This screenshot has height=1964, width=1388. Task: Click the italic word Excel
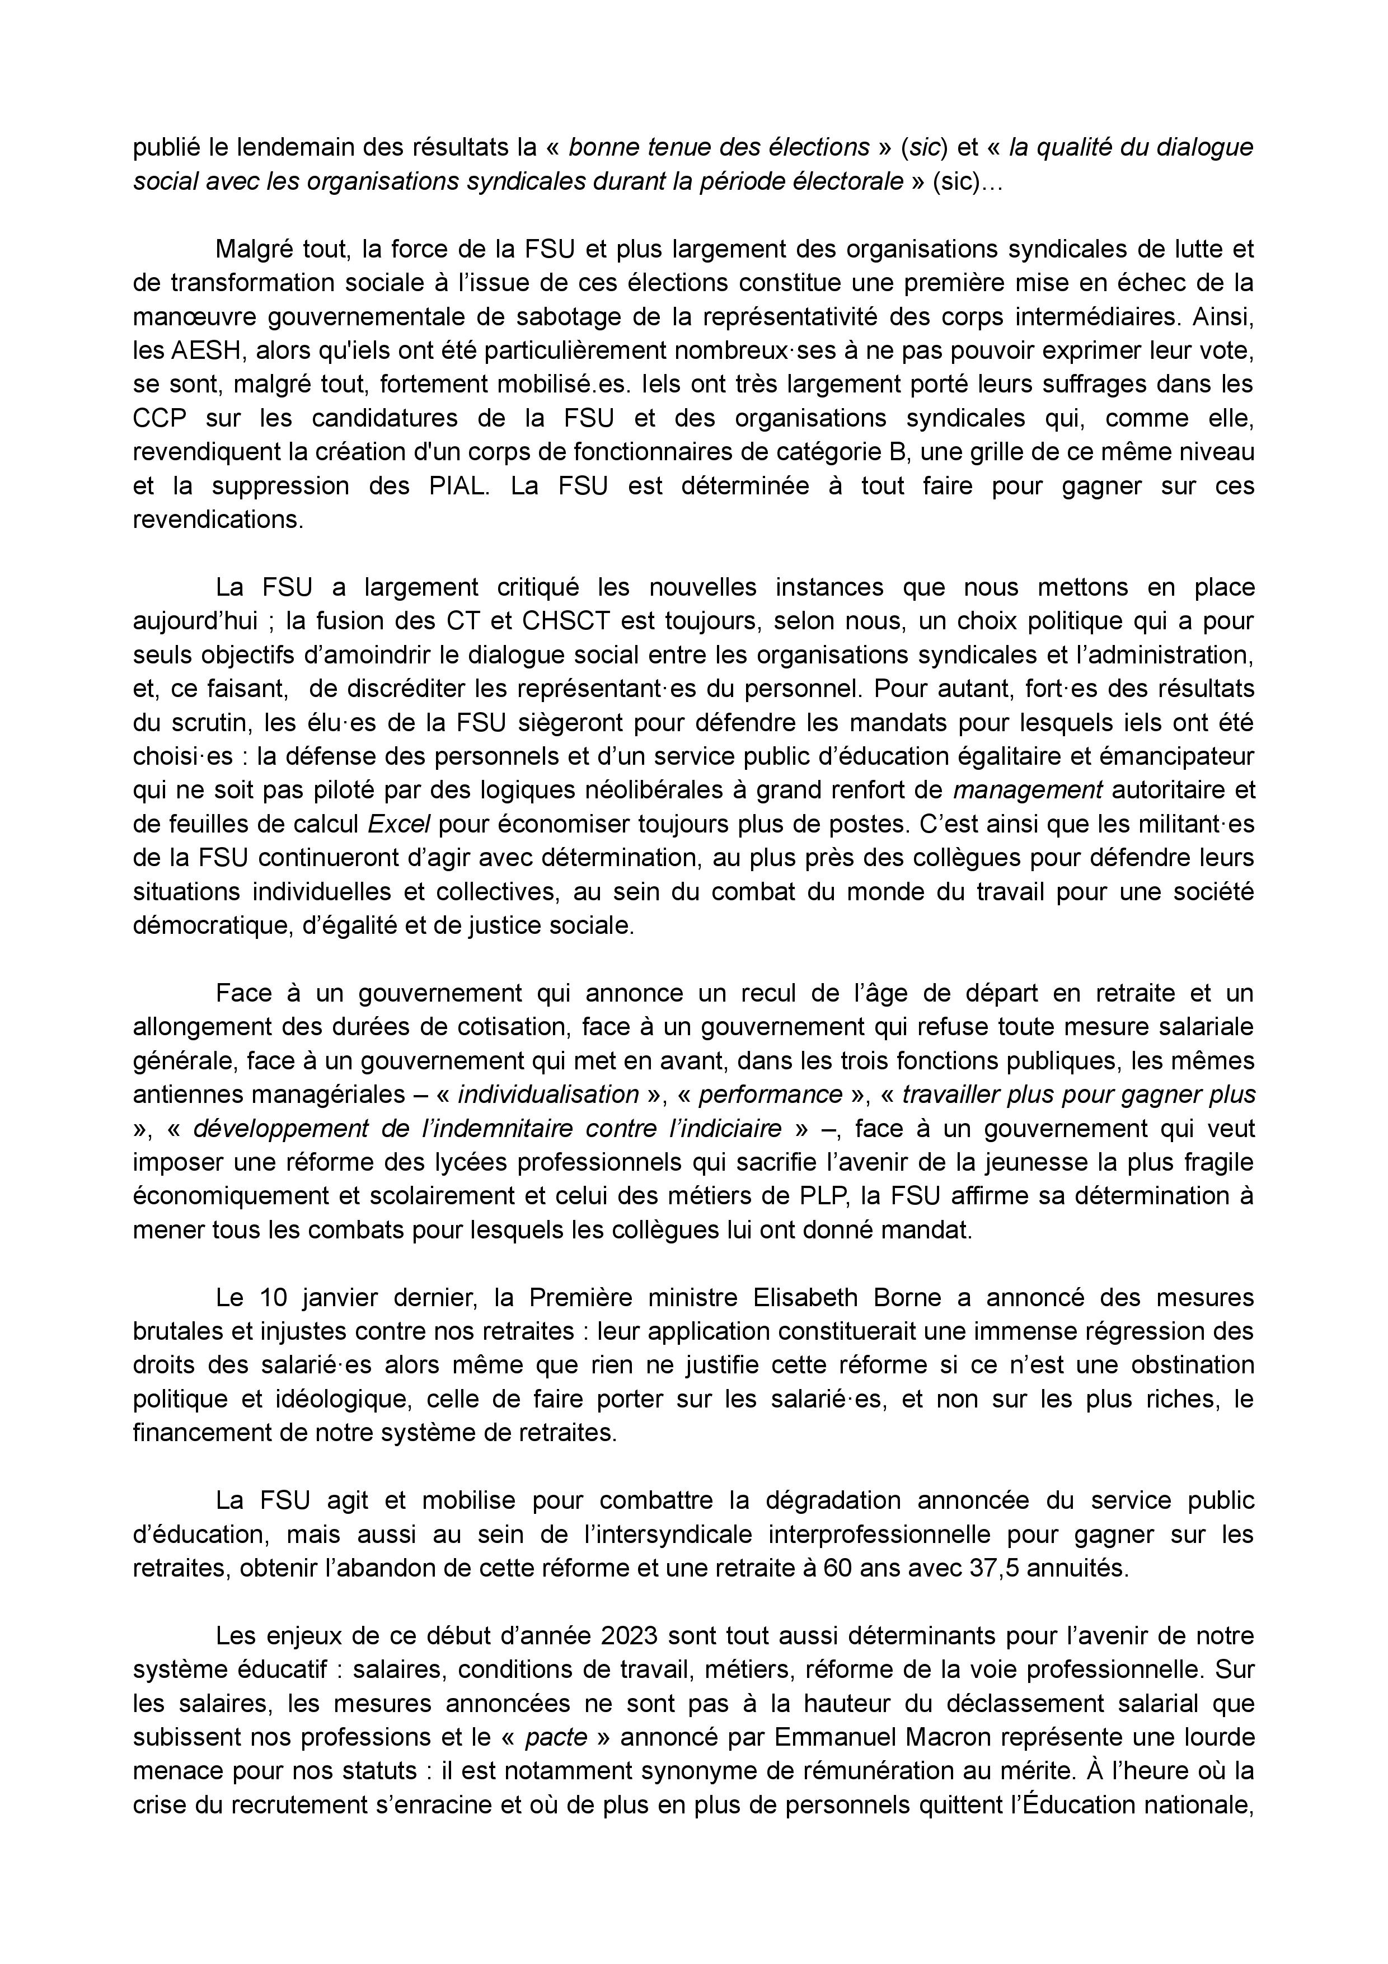[398, 824]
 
